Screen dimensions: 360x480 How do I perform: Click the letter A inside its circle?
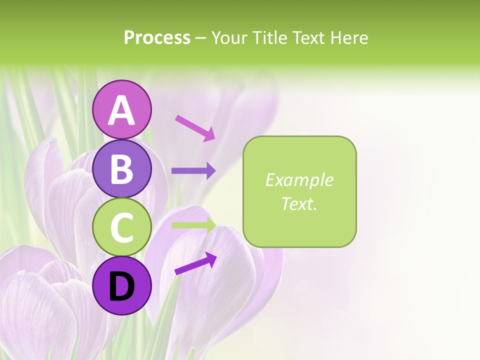121,110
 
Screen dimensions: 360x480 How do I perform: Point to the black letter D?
121,286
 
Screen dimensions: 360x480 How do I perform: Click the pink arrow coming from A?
195,127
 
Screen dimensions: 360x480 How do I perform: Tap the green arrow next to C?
193,225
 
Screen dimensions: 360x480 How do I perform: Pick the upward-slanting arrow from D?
195,263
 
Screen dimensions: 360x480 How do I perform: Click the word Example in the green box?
299,180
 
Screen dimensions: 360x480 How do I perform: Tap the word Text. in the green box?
299,203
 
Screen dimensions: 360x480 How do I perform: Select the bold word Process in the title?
157,37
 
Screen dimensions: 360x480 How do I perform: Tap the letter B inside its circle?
121,168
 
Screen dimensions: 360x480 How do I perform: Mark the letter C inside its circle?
121,227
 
